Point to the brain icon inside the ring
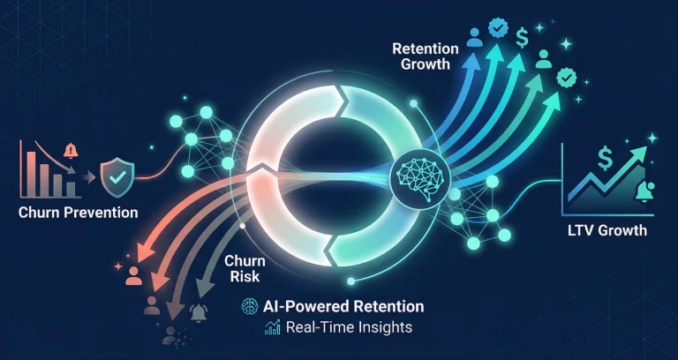[417, 174]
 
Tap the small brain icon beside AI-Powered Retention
[249, 308]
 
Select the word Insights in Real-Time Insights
[383, 327]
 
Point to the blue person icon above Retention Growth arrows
[474, 38]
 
